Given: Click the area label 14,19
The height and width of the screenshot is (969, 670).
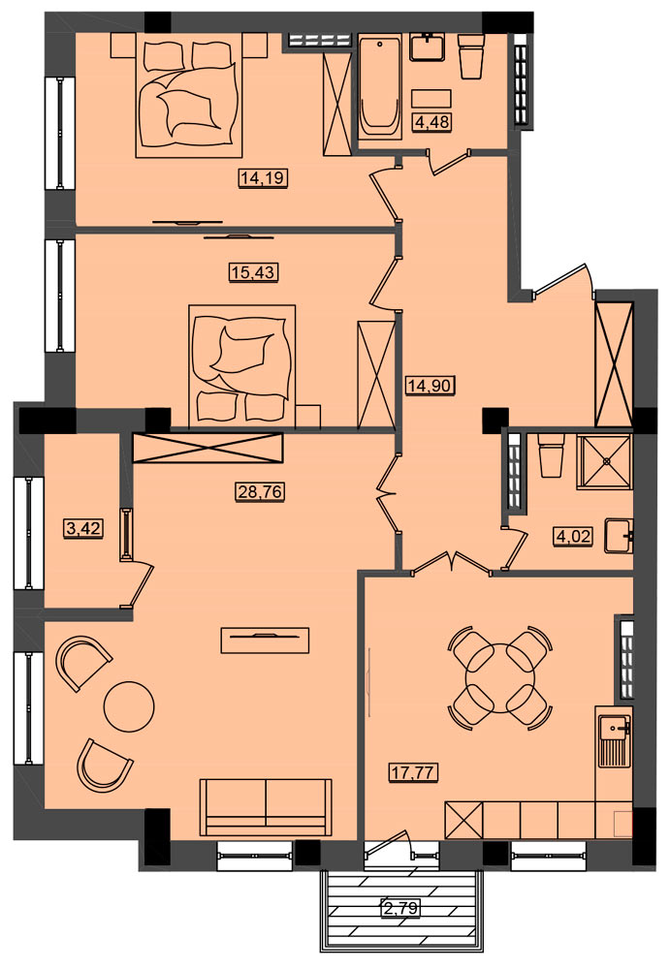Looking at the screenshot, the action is tap(263, 178).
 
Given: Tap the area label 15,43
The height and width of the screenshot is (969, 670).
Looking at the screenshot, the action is tap(254, 271).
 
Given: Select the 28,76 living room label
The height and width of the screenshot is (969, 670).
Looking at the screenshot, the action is tap(260, 492).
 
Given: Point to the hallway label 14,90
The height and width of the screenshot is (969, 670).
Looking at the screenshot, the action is tap(431, 386).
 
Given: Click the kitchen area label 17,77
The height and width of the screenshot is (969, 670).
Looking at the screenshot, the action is tap(414, 772).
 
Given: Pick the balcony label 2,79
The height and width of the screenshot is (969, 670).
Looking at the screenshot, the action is tap(401, 908).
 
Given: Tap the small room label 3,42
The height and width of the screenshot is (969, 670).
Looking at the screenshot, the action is tap(82, 529).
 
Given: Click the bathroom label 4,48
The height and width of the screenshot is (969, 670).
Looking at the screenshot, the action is tap(431, 122).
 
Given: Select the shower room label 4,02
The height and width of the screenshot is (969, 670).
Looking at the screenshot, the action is tap(573, 536).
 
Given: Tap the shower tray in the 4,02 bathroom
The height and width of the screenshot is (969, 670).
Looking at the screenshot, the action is tap(604, 461).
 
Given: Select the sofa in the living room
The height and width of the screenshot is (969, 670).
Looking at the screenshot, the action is tap(266, 807).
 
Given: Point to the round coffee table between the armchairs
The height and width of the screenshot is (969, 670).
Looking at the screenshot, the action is tap(129, 706).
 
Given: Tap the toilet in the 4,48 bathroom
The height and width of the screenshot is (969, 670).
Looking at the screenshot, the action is tap(471, 57).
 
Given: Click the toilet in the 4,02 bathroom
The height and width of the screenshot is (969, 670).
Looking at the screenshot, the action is tap(551, 454).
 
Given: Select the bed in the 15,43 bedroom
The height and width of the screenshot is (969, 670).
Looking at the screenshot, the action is tap(241, 365).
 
